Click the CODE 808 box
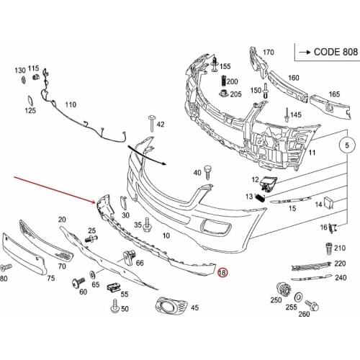point(325,53)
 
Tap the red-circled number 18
point(222,273)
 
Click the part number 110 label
point(71,105)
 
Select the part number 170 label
point(269,52)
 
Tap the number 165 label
point(335,94)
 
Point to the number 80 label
point(4,277)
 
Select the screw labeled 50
point(114,307)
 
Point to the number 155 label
point(225,66)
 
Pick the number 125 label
point(30,111)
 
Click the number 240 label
point(341,278)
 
